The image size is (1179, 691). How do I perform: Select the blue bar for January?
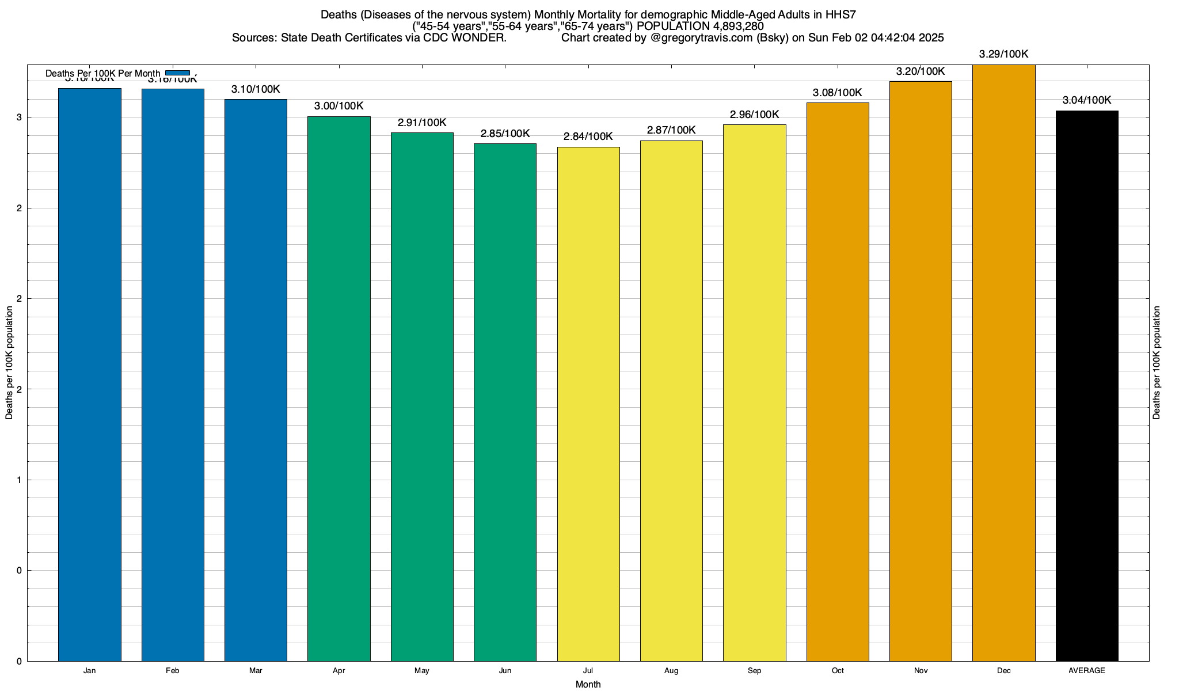90,374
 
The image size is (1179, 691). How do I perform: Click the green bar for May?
422,397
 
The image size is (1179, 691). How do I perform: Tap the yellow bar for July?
588,404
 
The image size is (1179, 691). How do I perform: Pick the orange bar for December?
1003,363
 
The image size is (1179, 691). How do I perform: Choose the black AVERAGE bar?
1087,386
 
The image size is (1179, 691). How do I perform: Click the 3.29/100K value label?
1003,55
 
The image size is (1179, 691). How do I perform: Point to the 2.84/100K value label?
588,137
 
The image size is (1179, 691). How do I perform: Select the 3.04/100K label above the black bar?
1087,100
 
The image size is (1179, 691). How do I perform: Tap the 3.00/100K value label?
339,107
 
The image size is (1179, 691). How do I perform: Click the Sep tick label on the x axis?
754,671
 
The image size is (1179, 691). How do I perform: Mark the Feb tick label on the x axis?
172,671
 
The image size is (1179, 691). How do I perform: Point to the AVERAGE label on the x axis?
1087,671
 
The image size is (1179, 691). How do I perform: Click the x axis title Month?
588,685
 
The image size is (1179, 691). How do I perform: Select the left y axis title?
9,363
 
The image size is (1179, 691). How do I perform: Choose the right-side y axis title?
1157,363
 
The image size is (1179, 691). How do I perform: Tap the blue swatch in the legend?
177,73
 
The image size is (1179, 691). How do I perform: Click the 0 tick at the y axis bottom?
19,662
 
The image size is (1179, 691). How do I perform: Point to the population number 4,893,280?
730,26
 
